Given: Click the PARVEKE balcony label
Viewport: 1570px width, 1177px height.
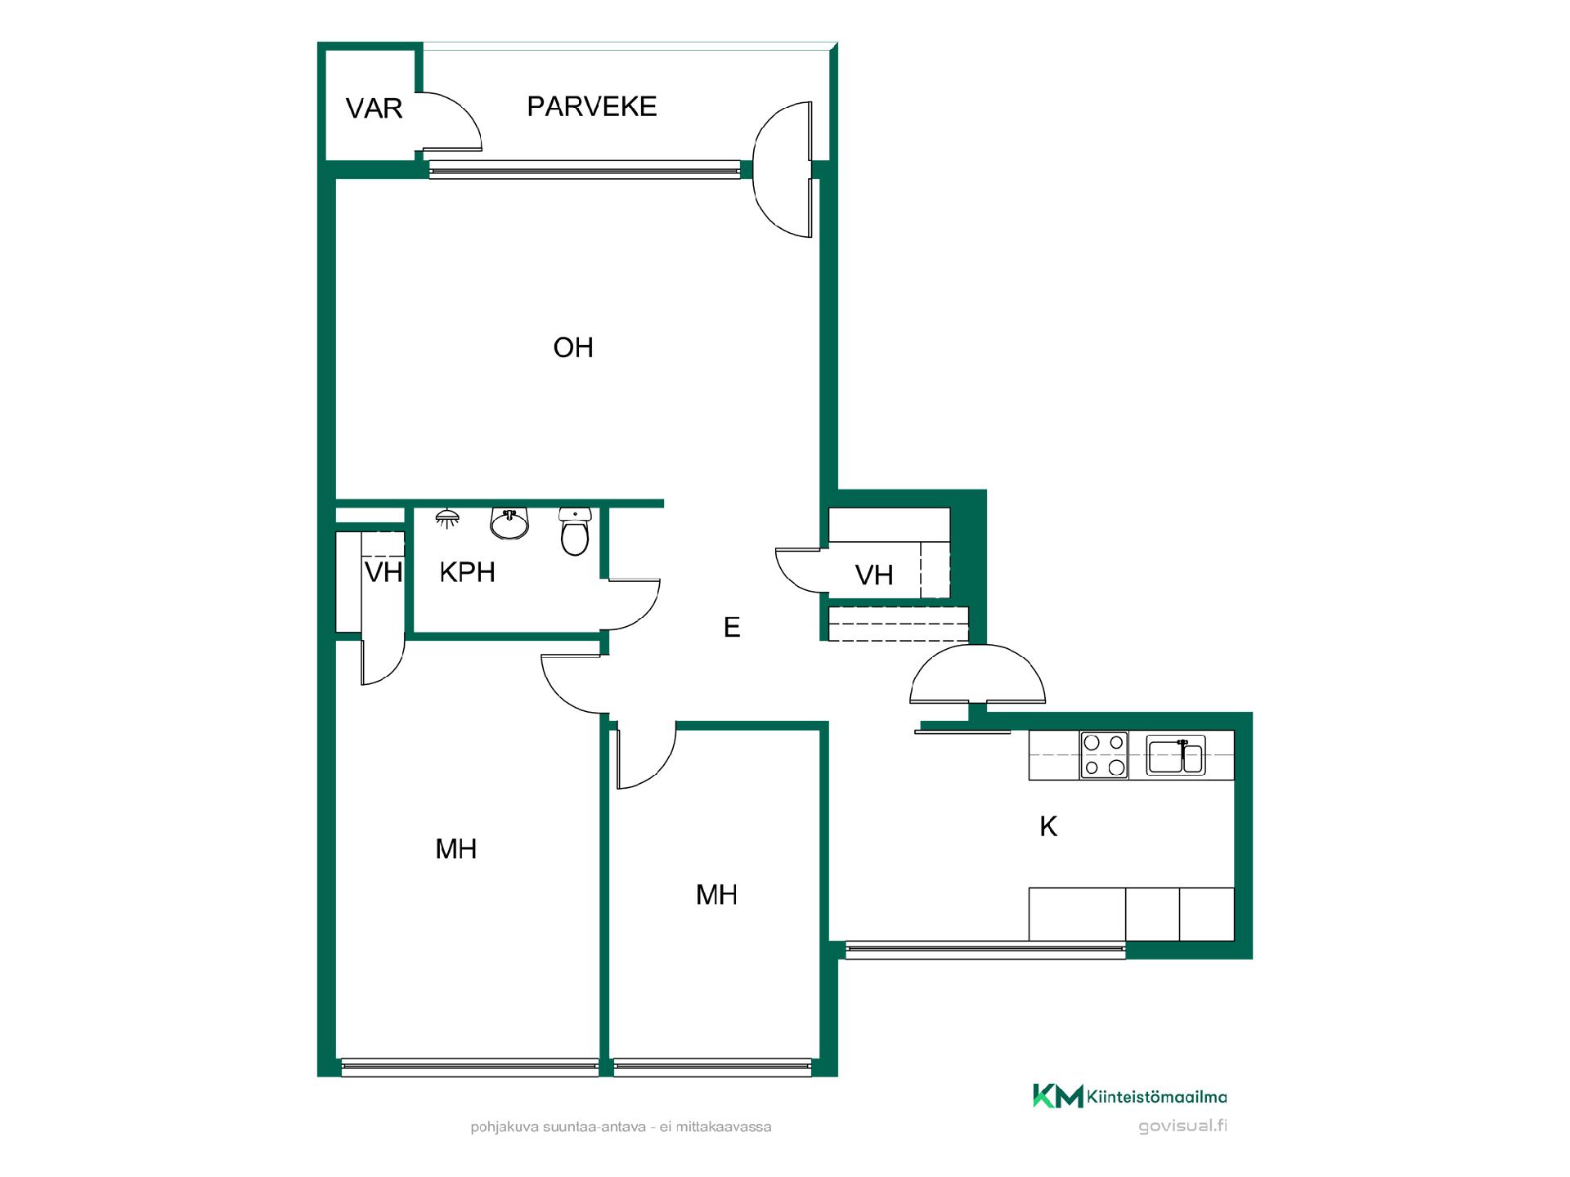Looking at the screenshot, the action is (592, 106).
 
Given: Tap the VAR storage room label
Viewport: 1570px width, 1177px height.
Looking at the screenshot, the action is (375, 109).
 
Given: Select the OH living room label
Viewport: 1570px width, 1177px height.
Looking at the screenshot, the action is (573, 347).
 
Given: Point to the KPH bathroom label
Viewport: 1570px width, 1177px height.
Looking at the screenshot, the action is (468, 572).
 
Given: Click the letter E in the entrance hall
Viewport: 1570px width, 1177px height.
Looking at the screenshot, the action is (732, 627).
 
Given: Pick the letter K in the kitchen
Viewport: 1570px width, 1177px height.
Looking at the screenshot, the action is (1048, 826).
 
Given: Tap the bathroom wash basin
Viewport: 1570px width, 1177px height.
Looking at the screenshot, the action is (510, 523).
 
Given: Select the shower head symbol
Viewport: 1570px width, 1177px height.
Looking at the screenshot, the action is (446, 518).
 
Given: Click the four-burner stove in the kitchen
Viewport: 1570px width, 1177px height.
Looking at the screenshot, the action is (1104, 754).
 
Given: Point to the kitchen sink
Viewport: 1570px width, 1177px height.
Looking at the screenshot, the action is (1175, 755).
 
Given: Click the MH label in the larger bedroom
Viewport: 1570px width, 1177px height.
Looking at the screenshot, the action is (456, 849).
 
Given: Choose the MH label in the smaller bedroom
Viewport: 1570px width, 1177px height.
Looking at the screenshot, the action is (716, 895).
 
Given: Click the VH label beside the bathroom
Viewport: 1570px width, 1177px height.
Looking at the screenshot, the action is (384, 572).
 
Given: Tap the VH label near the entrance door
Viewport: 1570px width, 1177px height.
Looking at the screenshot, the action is (874, 575).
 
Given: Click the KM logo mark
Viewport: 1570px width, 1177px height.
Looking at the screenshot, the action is (1058, 1096).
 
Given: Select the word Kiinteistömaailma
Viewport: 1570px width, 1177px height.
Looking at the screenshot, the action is (1157, 1098).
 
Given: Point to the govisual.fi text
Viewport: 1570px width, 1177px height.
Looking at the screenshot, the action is (1182, 1126).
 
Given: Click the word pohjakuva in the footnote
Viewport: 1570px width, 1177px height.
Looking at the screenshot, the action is (504, 1127).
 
